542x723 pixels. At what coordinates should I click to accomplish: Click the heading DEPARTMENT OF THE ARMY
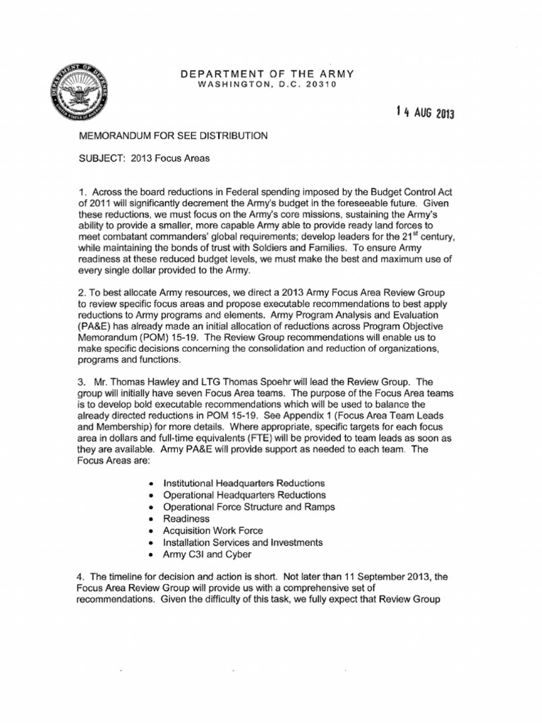click(x=267, y=74)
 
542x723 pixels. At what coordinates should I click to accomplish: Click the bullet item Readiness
click(x=186, y=518)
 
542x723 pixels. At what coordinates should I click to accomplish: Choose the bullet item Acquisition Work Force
click(x=213, y=530)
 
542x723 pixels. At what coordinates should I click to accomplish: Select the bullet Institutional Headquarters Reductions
click(x=243, y=482)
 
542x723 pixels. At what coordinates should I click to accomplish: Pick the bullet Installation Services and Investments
click(x=243, y=542)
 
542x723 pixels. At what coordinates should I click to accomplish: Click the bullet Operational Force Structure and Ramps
click(x=248, y=506)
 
